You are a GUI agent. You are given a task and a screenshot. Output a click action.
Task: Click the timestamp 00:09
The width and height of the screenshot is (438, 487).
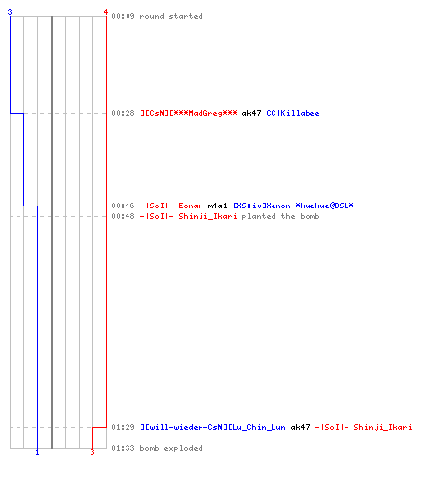click(123, 16)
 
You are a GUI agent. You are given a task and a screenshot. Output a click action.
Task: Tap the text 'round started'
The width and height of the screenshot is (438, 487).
click(171, 16)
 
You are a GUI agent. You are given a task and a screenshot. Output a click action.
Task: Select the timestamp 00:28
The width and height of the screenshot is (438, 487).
click(123, 113)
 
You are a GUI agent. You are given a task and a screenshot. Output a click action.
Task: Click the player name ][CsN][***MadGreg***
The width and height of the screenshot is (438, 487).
click(189, 113)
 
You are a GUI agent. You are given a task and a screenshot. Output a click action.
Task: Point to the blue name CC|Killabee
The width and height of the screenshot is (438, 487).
click(293, 113)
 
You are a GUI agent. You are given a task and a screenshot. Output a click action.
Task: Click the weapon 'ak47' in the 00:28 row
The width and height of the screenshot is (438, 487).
click(251, 113)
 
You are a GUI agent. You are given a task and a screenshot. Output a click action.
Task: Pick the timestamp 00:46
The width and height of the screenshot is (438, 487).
click(123, 206)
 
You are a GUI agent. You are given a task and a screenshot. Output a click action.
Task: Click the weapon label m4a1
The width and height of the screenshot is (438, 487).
click(217, 206)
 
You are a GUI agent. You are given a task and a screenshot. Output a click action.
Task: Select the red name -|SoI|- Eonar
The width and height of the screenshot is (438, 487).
click(171, 206)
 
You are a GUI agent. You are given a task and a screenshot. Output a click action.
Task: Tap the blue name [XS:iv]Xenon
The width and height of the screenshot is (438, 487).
click(262, 206)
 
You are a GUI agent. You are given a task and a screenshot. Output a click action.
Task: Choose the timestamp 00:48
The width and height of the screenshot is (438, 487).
click(123, 216)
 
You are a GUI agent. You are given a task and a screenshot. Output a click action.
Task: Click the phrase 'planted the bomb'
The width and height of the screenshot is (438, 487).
click(280, 216)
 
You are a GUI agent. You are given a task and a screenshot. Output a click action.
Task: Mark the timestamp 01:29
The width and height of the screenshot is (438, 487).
click(123, 427)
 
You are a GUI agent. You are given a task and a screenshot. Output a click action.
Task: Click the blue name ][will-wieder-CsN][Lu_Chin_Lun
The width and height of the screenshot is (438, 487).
click(213, 427)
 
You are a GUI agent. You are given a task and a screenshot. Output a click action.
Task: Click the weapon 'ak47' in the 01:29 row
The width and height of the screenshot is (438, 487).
click(300, 427)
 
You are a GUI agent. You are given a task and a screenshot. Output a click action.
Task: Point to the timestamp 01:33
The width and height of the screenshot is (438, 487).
click(123, 448)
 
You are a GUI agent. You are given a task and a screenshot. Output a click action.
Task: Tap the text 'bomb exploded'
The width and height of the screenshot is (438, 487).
click(171, 448)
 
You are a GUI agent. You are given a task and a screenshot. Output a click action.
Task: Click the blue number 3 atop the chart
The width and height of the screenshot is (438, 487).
click(10, 12)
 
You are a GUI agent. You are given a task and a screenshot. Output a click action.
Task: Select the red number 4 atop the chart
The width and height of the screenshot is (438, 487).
click(106, 12)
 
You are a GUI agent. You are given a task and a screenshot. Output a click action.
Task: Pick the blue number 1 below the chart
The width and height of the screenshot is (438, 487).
click(37, 452)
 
